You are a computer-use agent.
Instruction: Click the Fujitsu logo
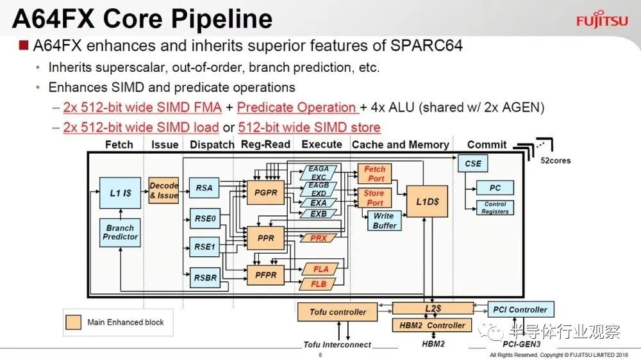602,19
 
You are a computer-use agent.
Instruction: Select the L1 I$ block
121,193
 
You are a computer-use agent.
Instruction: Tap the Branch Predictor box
121,233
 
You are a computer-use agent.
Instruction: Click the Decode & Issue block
163,190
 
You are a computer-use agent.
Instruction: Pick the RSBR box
205,278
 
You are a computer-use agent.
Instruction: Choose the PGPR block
266,192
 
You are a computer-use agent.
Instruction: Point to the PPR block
266,238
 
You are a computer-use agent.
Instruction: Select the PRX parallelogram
319,238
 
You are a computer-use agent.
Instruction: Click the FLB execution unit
319,284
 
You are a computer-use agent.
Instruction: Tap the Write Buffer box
384,220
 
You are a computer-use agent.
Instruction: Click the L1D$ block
427,201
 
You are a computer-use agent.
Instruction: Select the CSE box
472,163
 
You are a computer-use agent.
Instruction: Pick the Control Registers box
495,208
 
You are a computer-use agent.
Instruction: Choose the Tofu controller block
338,312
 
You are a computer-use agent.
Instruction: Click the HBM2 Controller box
432,325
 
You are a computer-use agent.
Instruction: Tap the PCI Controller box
520,310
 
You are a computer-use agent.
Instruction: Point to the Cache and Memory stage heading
400,145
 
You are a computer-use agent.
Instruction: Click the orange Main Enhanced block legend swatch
73,322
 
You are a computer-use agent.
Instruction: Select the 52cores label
555,161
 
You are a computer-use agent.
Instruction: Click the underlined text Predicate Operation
297,108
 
